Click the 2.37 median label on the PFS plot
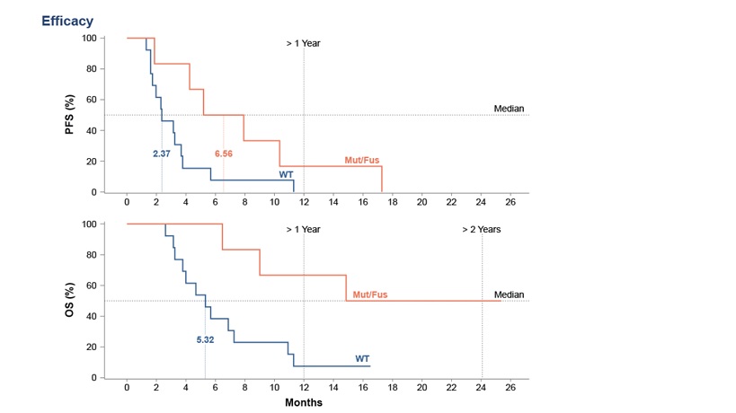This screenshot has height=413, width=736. click(162, 154)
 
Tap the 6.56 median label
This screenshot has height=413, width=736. click(224, 154)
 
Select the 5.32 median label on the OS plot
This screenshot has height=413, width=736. click(206, 340)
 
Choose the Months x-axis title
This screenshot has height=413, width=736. click(304, 402)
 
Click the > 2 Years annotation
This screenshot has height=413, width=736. click(482, 229)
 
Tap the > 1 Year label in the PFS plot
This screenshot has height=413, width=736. click(303, 43)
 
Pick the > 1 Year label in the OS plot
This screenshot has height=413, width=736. click(303, 229)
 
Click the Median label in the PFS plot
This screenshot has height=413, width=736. click(509, 108)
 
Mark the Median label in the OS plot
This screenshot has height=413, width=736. click(509, 294)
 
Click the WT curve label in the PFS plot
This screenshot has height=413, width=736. click(286, 172)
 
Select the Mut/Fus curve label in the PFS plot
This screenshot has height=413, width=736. click(360, 160)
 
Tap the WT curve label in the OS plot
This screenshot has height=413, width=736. click(362, 358)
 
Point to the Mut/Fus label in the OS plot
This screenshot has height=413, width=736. click(370, 294)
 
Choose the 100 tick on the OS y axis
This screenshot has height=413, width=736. click(89, 224)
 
